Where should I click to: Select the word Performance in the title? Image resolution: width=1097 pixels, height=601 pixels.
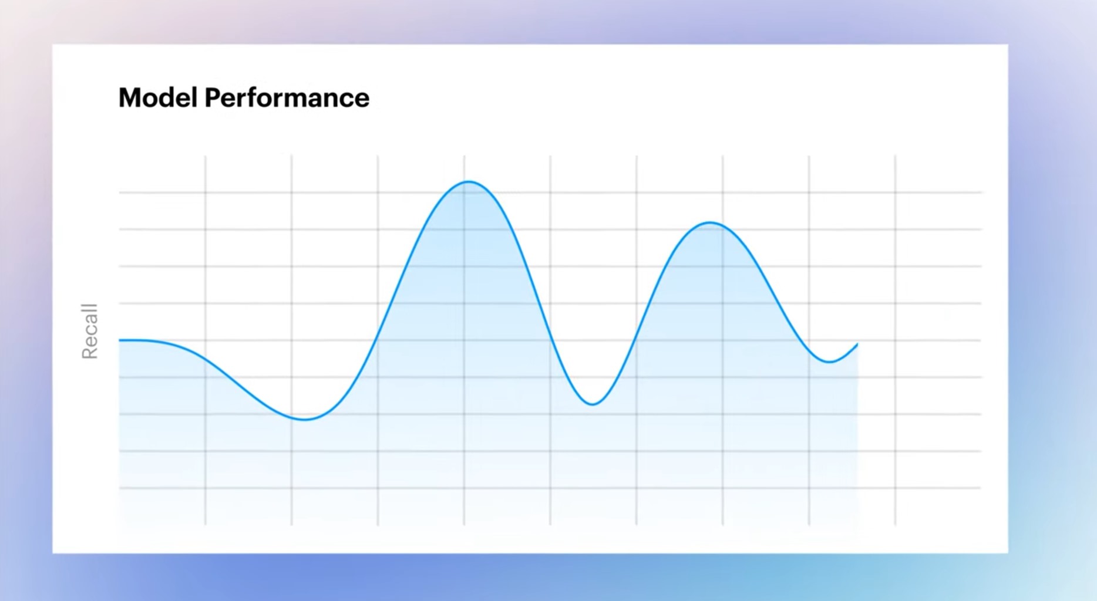click(x=287, y=97)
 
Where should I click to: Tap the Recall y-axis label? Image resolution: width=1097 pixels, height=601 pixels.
click(x=89, y=331)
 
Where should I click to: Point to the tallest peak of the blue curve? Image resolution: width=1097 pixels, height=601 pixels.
click(x=468, y=182)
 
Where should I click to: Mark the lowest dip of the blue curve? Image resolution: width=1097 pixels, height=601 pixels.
click(x=305, y=419)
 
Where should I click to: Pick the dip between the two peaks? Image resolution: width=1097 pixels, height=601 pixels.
click(x=593, y=404)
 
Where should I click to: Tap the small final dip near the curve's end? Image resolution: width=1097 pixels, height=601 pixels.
click(x=829, y=362)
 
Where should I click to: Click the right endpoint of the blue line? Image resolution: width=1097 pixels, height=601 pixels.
click(x=857, y=344)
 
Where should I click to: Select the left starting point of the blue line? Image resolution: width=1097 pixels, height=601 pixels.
click(x=120, y=340)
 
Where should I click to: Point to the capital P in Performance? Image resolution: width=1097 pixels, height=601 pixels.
click(x=212, y=97)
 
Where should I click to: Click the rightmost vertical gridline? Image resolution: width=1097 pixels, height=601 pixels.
click(x=896, y=340)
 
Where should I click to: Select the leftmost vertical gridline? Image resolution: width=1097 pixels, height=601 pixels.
click(x=206, y=340)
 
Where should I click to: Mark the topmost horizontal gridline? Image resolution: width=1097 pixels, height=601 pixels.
click(x=550, y=193)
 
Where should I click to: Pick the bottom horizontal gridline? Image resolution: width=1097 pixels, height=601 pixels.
click(x=550, y=488)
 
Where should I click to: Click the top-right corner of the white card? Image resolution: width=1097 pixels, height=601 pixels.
click(x=1008, y=45)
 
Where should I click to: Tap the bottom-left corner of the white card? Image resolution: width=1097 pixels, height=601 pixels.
click(x=53, y=553)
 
